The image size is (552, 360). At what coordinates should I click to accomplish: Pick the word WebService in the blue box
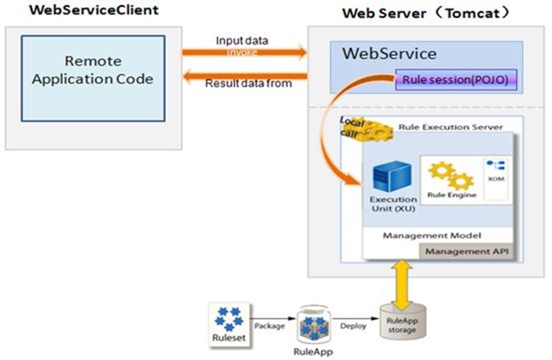389,53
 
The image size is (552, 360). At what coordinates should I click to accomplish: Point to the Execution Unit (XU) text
392,204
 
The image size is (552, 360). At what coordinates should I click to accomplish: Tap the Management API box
467,252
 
